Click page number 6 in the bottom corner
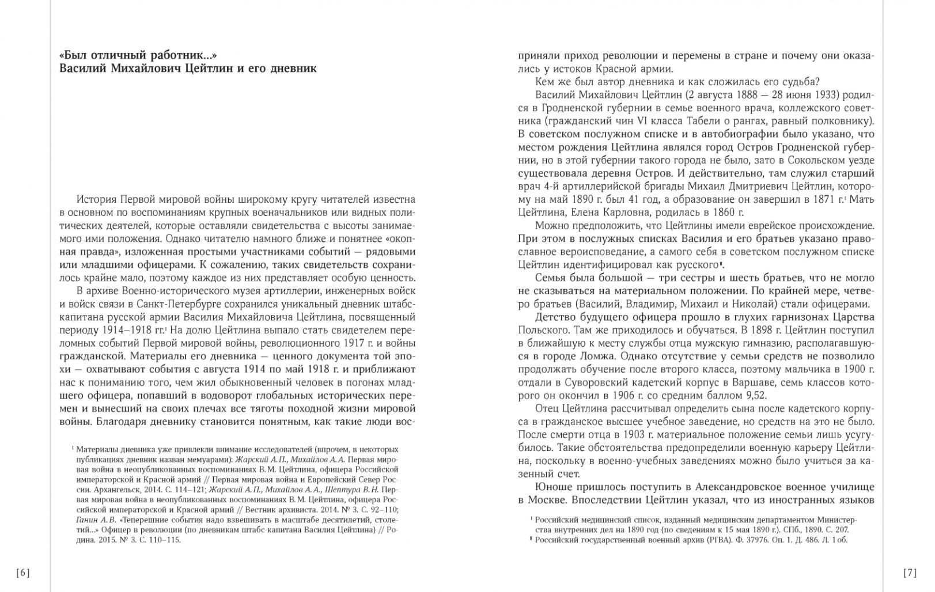[x=23, y=572]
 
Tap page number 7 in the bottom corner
[x=910, y=572]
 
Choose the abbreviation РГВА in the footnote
[x=703, y=540]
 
